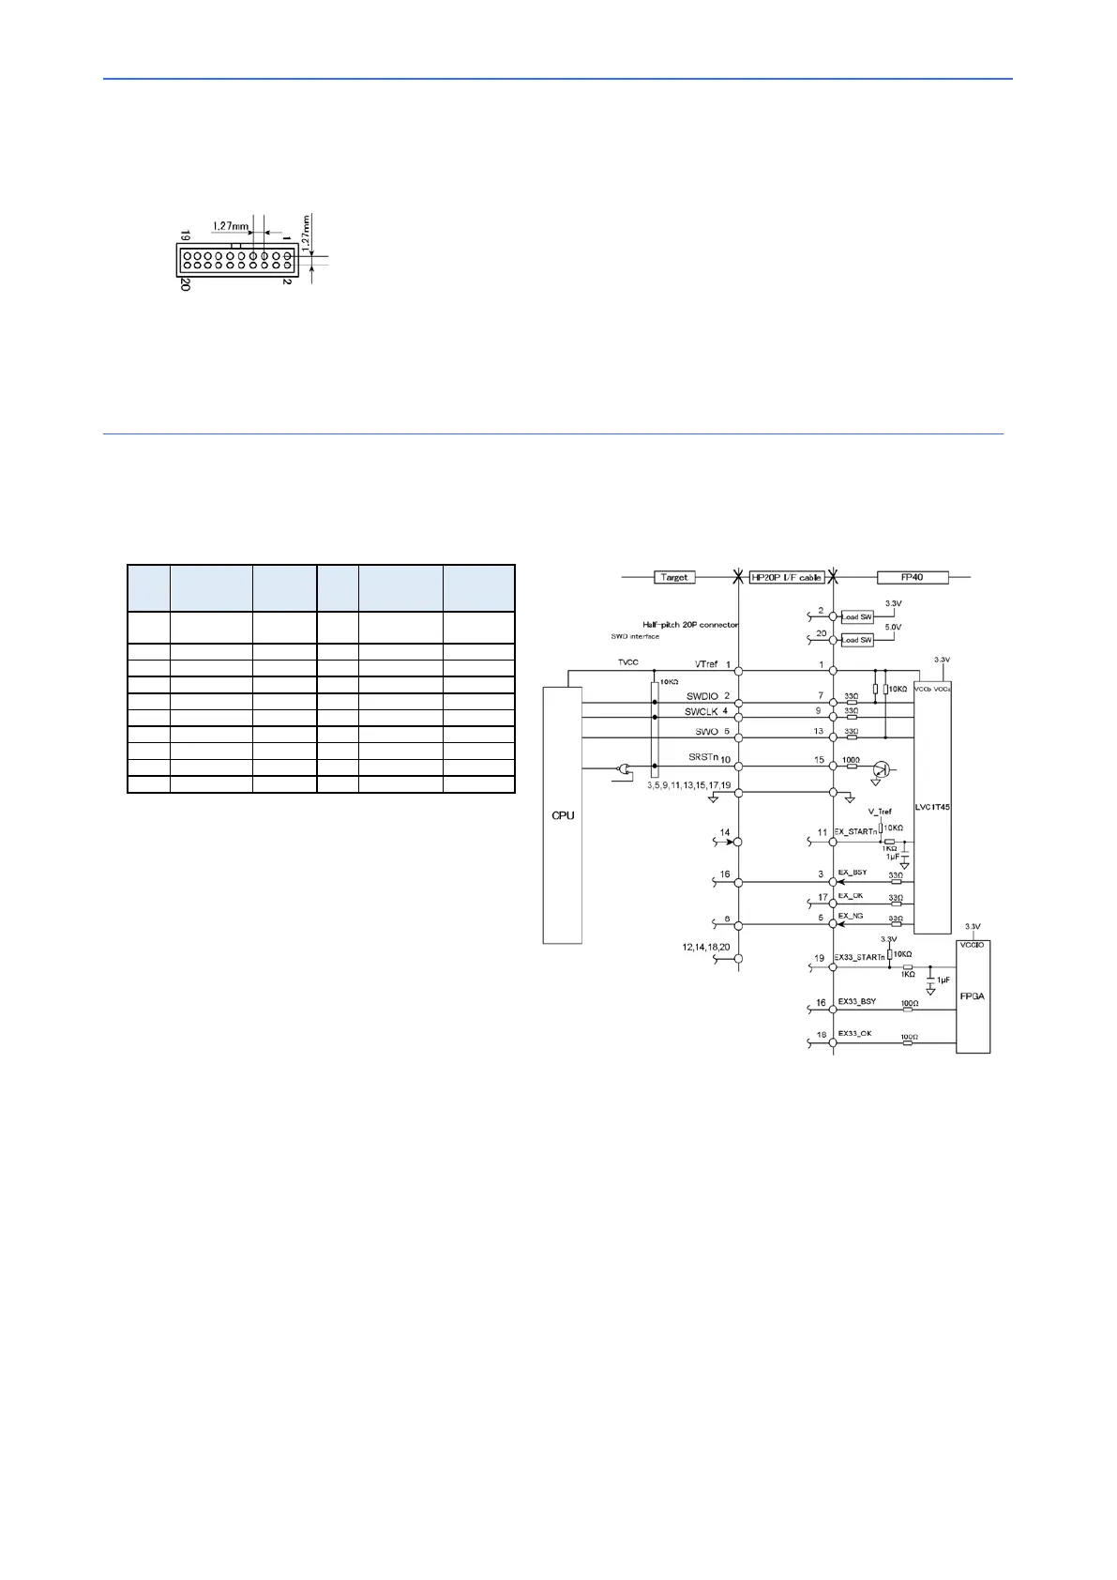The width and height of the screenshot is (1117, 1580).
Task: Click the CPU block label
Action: pyautogui.click(x=563, y=815)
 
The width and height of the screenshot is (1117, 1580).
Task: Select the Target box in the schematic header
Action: pyautogui.click(x=674, y=577)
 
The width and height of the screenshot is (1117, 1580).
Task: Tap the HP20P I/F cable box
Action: pyautogui.click(x=786, y=577)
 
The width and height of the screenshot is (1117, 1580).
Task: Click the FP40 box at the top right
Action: pyautogui.click(x=912, y=577)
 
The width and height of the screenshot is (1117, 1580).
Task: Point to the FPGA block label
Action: pyautogui.click(x=973, y=995)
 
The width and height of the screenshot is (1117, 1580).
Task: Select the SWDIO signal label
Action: pyautogui.click(x=702, y=696)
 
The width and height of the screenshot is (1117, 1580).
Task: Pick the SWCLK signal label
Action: pyautogui.click(x=702, y=712)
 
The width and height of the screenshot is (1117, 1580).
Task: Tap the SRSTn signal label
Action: pyautogui.click(x=703, y=757)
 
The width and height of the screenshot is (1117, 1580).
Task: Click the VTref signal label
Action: pyautogui.click(x=706, y=664)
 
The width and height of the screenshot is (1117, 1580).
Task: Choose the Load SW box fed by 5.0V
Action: pyautogui.click(x=856, y=640)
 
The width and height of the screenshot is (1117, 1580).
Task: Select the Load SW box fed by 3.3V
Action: pyautogui.click(x=856, y=616)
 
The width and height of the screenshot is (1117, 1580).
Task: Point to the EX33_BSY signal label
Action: pyautogui.click(x=856, y=1001)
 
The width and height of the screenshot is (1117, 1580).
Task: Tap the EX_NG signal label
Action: pyautogui.click(x=850, y=916)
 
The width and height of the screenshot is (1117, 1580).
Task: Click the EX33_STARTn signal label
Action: pyautogui.click(x=859, y=958)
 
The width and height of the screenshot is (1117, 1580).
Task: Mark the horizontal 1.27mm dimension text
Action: pyautogui.click(x=230, y=226)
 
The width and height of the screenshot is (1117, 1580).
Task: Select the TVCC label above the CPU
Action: pyautogui.click(x=627, y=662)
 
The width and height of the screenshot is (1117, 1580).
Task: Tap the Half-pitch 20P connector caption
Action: pyautogui.click(x=689, y=625)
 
